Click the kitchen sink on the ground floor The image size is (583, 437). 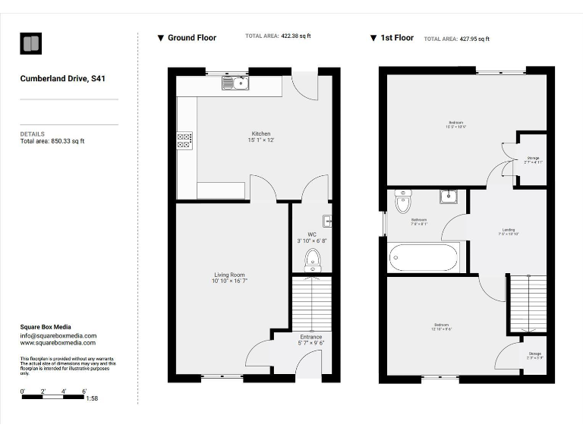[236, 82]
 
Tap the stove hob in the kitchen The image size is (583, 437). [184, 140]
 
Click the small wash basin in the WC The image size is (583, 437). [327, 222]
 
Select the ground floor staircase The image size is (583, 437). [311, 303]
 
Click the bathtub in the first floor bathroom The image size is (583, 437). [424, 258]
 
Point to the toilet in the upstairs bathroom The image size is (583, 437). [403, 201]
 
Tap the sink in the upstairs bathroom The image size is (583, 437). [448, 197]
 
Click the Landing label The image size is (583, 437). [509, 231]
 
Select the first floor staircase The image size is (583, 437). [527, 303]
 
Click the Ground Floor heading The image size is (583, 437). [191, 38]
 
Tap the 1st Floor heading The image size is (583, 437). [396, 38]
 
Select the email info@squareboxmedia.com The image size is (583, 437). [58, 335]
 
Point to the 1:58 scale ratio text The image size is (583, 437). [92, 398]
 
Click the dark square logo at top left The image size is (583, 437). [31, 43]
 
